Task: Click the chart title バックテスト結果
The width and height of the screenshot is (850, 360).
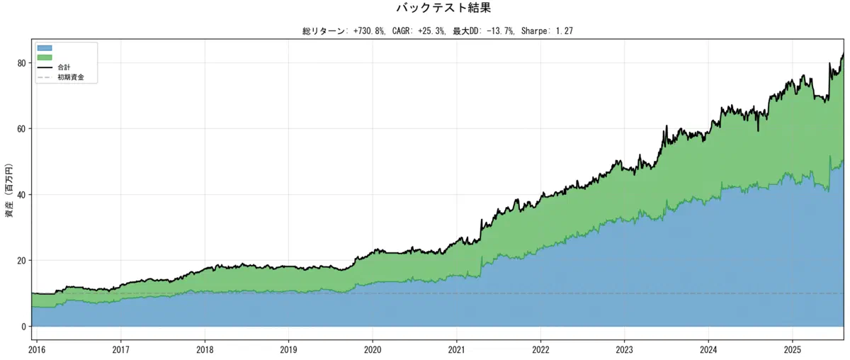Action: pos(443,8)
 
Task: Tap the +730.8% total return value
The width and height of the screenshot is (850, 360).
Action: pos(369,31)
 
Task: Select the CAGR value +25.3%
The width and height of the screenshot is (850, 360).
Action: pos(432,31)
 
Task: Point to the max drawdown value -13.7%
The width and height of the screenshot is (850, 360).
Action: pos(501,31)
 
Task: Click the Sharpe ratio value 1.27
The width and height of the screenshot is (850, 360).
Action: pos(565,31)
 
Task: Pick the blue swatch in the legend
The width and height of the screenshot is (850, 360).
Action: pos(45,48)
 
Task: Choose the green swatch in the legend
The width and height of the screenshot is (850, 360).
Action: pos(45,57)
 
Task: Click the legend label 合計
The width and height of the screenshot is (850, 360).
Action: pos(64,67)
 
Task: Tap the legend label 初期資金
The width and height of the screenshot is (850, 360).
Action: pos(71,77)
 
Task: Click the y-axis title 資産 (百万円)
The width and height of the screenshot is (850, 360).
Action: pos(9,190)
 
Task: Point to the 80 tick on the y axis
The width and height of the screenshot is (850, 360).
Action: pos(22,63)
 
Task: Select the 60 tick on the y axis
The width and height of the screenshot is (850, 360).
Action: pos(22,129)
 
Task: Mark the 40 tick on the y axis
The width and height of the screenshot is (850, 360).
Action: pos(22,195)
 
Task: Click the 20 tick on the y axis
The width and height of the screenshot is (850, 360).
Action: pos(22,261)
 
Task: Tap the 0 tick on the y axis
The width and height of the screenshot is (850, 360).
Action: pos(24,327)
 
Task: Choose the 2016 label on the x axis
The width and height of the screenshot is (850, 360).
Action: pos(37,350)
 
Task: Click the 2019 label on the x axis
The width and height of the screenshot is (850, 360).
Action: pos(288,350)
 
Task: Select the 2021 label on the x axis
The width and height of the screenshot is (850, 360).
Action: pos(456,350)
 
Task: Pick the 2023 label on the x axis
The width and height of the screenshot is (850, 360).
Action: pos(624,350)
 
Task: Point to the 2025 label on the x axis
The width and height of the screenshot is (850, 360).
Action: pos(793,350)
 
